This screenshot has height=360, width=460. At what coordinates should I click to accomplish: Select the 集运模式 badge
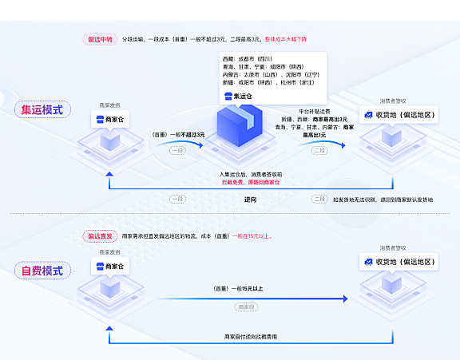(x=42, y=109)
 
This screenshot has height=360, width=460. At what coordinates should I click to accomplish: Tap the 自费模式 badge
(x=42, y=271)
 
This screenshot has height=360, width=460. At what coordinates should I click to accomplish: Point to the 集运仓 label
(x=240, y=96)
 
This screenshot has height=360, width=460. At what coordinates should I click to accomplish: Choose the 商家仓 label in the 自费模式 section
(x=110, y=266)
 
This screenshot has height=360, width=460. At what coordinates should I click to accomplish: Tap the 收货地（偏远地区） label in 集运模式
(x=399, y=116)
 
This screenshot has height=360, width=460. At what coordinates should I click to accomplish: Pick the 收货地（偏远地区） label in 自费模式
(x=399, y=262)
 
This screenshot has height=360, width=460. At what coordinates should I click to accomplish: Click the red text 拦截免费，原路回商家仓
(x=251, y=182)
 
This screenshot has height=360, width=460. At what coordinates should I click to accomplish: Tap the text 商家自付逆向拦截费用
(x=251, y=337)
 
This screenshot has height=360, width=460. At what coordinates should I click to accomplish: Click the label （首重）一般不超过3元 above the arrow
(x=178, y=135)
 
